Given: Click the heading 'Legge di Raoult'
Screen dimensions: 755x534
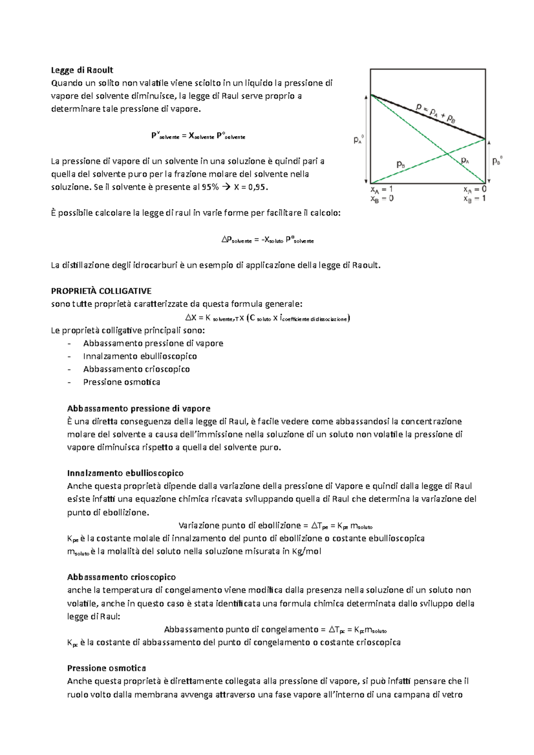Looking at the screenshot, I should [82, 70].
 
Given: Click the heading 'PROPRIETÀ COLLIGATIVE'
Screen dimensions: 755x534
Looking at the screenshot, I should [101, 291].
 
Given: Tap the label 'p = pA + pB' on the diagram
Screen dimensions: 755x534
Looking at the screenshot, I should [435, 112].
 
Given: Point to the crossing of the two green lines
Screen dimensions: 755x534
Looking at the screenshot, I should [447, 154].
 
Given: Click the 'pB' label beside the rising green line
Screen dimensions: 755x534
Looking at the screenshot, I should [401, 165].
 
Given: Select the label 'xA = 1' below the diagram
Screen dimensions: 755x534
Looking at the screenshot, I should [381, 189].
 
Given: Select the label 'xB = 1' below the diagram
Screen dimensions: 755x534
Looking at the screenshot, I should [474, 199].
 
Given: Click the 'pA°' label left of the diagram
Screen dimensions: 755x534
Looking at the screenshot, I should [359, 140].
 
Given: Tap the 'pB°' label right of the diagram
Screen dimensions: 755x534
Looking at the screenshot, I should [497, 161].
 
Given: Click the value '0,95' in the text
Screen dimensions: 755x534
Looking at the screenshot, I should [259, 187].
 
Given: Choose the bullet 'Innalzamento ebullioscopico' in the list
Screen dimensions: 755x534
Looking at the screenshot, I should [140, 356].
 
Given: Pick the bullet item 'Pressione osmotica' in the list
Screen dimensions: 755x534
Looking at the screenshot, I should [121, 382].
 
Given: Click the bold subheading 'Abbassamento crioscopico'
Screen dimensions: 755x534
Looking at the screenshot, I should [121, 577].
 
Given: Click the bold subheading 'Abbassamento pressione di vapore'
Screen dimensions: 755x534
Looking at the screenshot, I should [138, 408].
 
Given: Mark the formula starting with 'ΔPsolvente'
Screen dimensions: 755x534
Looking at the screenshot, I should [267, 240].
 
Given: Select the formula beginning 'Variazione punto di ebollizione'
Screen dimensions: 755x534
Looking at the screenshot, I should [275, 526].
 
